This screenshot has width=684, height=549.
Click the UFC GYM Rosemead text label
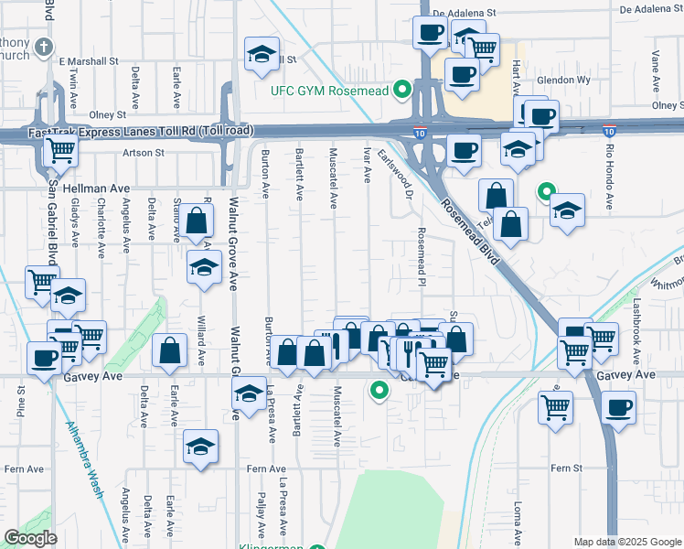(330, 91)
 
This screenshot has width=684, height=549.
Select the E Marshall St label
(89, 61)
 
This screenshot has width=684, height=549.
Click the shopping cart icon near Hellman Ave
(60, 152)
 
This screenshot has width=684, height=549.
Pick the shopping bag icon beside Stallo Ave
(197, 221)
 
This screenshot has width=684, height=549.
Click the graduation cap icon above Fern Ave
(200, 446)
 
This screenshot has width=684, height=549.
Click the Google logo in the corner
(30, 538)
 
